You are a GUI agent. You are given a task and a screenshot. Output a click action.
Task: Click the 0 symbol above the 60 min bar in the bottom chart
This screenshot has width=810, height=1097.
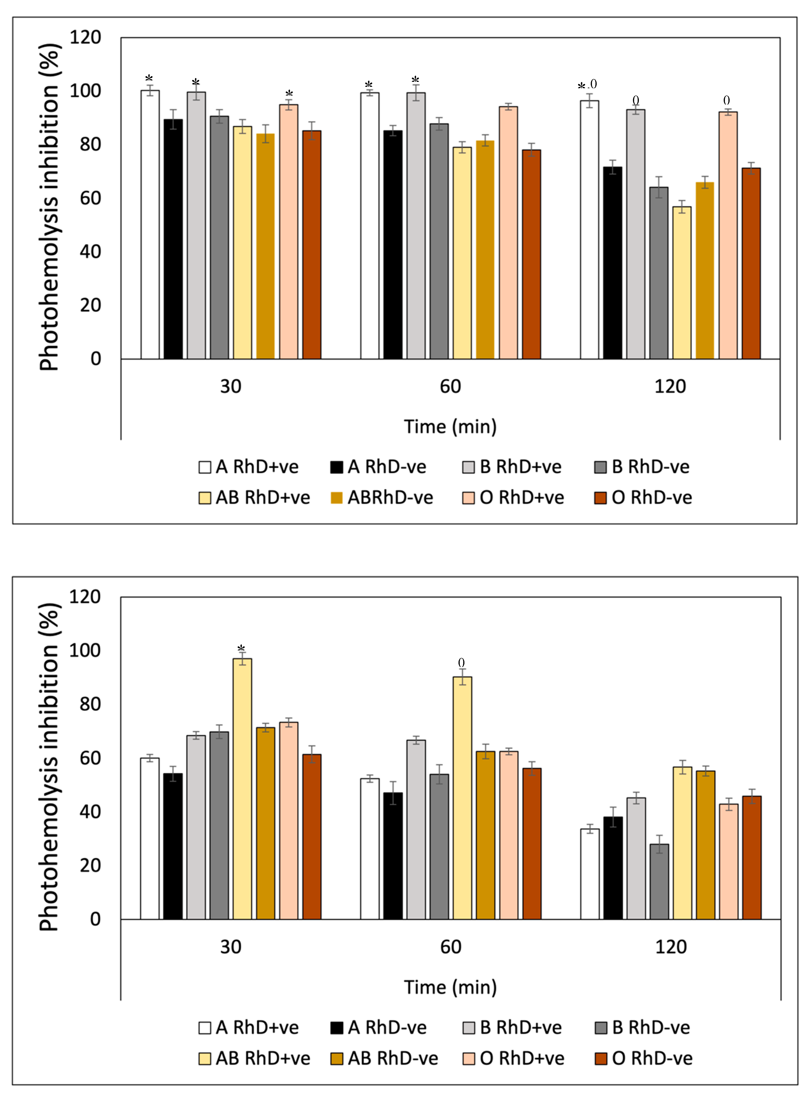coord(461,663)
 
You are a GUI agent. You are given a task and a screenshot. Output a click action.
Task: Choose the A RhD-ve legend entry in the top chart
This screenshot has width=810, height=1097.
coord(379,467)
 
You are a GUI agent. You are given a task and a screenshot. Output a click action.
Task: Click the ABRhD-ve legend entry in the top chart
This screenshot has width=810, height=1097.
coord(382,498)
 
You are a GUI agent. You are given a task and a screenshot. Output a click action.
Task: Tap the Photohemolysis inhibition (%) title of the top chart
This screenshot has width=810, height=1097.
coord(49,206)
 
